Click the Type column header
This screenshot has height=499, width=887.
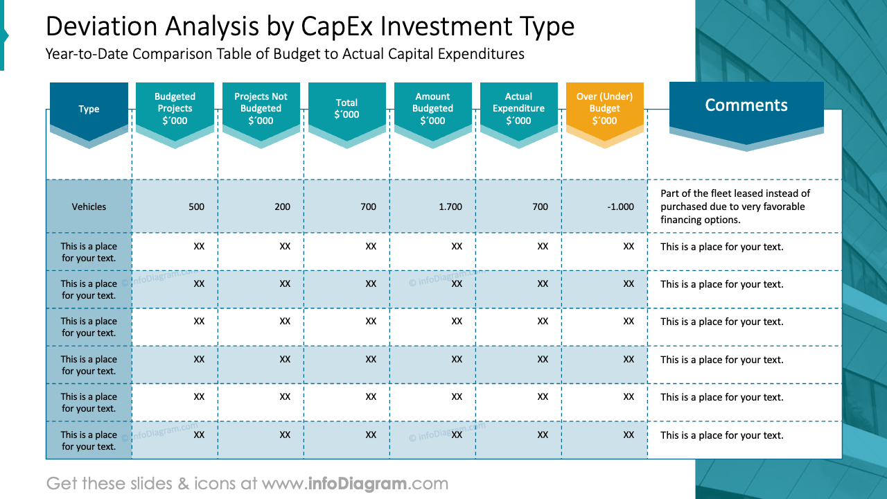point(89,110)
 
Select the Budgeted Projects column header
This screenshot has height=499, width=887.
point(175,109)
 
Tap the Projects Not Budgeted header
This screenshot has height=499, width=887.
point(261,109)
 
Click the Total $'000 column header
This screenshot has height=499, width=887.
point(346,109)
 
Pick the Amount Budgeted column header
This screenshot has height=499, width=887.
point(432,109)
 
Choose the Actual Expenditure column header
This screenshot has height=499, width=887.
point(518,109)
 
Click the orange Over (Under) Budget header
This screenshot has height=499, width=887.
point(604,109)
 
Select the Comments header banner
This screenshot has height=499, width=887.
point(746,105)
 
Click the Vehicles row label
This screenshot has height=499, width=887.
point(89,207)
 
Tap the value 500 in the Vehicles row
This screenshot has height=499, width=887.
point(196,207)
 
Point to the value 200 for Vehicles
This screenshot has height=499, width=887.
point(282,207)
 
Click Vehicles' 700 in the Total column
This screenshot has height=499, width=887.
point(368,207)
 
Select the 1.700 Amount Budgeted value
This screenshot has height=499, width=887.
point(451,207)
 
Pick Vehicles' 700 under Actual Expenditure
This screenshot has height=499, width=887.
point(540,207)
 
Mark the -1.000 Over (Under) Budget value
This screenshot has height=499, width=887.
point(620,207)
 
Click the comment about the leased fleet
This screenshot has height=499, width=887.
point(735,207)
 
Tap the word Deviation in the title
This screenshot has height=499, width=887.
point(101,26)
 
